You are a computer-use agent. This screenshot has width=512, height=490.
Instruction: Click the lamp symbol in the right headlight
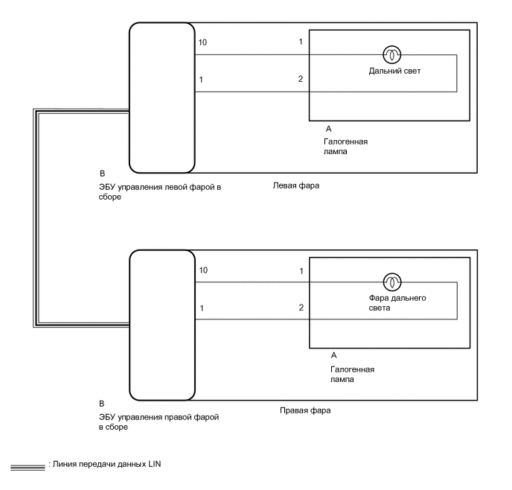point(391,282)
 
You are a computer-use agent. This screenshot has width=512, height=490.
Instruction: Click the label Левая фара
point(296,185)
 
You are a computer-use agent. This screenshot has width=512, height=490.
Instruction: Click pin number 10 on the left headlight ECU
point(203,42)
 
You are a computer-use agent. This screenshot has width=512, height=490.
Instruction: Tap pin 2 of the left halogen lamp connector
point(301,79)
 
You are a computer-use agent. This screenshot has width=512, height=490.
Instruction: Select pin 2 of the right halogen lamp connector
point(301,307)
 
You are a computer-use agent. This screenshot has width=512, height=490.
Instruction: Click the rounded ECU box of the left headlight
point(161,97)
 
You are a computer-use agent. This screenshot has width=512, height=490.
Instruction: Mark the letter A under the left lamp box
point(329,129)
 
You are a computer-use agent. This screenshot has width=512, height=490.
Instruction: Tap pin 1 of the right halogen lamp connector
point(301,271)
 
